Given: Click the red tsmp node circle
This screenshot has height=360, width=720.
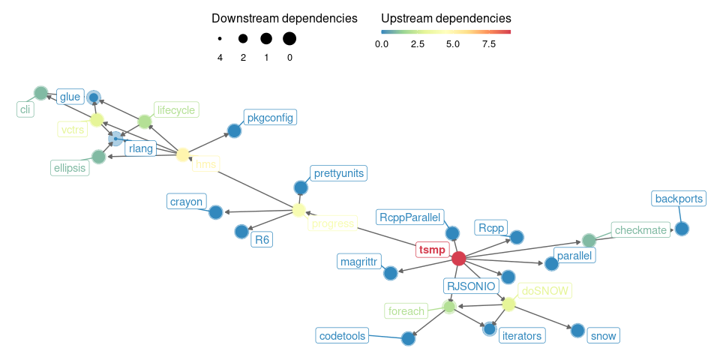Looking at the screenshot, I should pyautogui.click(x=459, y=258).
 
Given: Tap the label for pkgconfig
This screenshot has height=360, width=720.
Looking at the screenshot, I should pyautogui.click(x=270, y=118).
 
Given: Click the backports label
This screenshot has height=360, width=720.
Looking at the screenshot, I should pyautogui.click(x=679, y=199).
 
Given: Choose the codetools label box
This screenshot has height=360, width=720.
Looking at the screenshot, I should pyautogui.click(x=342, y=336).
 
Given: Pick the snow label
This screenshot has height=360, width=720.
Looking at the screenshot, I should pyautogui.click(x=603, y=336).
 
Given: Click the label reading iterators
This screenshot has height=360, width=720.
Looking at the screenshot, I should pyautogui.click(x=521, y=336).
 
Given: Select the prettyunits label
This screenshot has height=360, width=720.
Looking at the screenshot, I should pyautogui.click(x=339, y=174).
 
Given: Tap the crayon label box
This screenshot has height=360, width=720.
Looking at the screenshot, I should pyautogui.click(x=186, y=202).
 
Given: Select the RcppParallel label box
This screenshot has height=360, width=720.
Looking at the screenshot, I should pyautogui.click(x=410, y=217).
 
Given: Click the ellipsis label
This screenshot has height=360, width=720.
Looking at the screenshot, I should pyautogui.click(x=70, y=168).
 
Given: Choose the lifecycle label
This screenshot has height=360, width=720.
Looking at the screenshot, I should pyautogui.click(x=176, y=110).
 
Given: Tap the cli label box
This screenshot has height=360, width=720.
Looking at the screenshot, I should pyautogui.click(x=26, y=109).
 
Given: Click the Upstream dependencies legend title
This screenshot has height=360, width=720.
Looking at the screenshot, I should pyautogui.click(x=446, y=17).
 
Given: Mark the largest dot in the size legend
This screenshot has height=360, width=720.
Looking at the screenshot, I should pyautogui.click(x=289, y=38).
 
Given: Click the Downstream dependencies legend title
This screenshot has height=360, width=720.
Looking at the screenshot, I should pyautogui.click(x=284, y=17).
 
